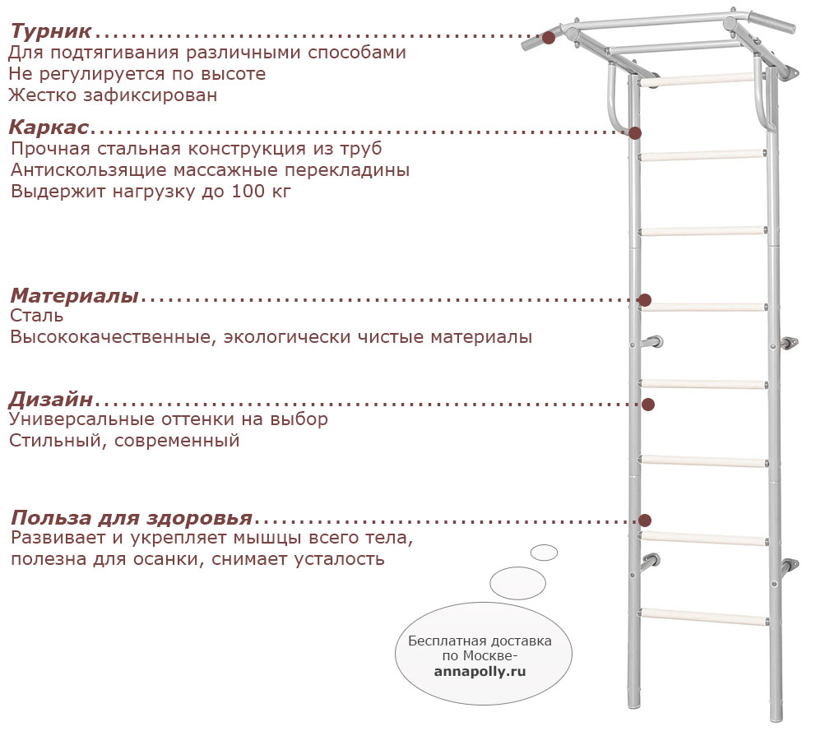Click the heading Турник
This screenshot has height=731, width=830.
point(51,31)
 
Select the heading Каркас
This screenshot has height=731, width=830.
point(49,127)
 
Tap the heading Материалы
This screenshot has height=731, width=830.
point(75,295)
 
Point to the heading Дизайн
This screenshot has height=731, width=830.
point(51,400)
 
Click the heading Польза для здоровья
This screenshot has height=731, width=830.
point(132,517)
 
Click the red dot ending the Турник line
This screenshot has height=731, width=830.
point(549,38)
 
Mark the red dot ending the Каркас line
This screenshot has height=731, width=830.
point(635,132)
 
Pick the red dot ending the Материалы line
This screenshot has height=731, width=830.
point(645,300)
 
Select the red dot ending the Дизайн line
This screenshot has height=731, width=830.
point(648,405)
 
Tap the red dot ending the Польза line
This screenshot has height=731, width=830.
point(645,520)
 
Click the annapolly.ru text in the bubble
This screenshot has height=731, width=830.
point(480,672)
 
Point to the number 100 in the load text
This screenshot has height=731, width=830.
point(248,192)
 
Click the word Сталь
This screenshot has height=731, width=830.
point(36,316)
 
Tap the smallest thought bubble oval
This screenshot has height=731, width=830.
point(545,553)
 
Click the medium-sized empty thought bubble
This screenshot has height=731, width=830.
point(517,583)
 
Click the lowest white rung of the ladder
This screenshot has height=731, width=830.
point(704,617)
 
